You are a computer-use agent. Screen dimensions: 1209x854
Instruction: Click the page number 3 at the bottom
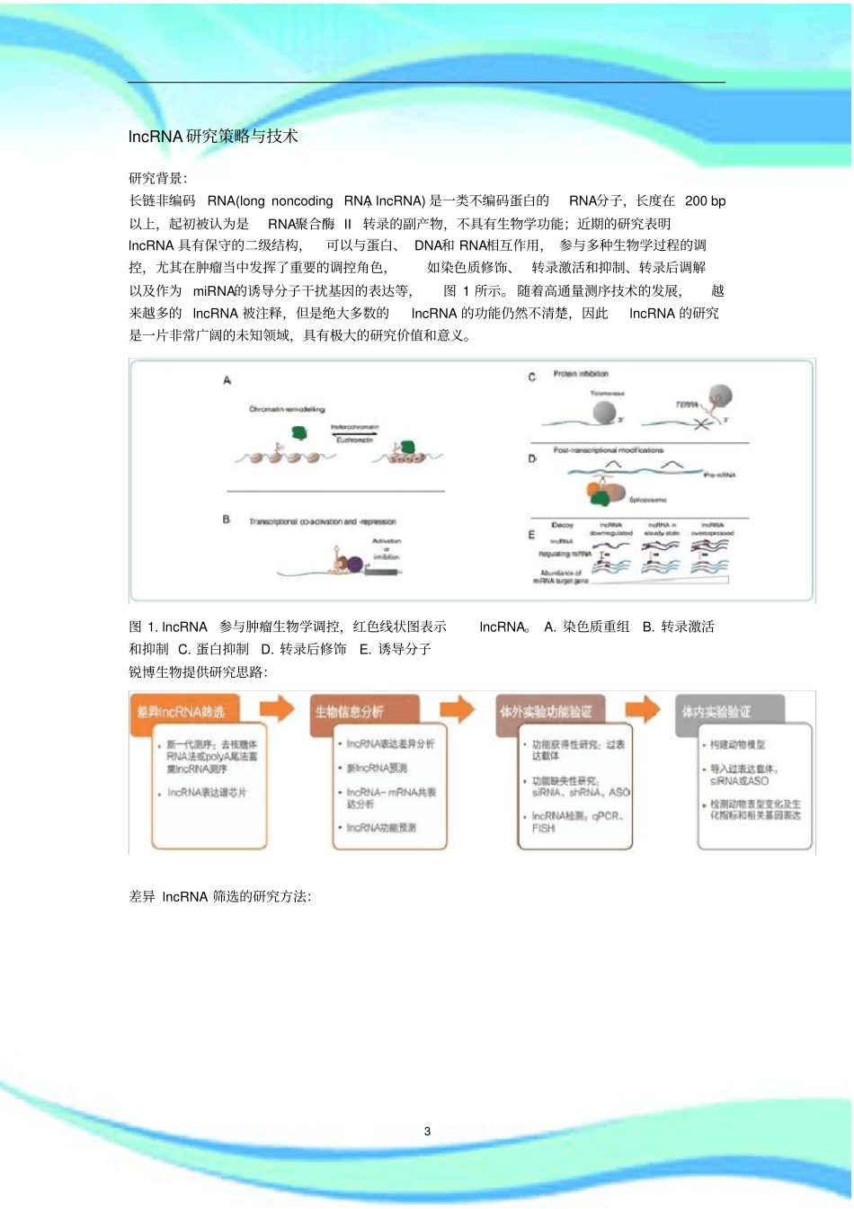coord(428,1131)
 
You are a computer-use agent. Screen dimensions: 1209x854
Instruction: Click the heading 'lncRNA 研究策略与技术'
coord(213,137)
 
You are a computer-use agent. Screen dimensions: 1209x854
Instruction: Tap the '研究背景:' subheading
coord(158,178)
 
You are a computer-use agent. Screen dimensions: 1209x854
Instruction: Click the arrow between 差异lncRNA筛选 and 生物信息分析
coord(277,708)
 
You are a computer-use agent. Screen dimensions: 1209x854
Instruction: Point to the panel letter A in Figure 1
coord(227,381)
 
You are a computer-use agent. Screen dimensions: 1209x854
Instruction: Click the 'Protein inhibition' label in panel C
coord(581,374)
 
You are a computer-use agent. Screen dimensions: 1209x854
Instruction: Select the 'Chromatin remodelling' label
coord(287,409)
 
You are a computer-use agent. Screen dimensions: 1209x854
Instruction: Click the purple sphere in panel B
coord(355,564)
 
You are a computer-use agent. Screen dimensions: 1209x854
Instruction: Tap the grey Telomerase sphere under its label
coord(604,413)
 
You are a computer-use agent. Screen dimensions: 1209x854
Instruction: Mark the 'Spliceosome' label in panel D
coord(647,500)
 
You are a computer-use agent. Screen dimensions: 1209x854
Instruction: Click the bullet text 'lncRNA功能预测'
coord(381,828)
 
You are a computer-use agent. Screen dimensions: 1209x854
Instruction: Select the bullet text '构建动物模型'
coord(737,744)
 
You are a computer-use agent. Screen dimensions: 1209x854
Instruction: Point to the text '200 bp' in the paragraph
coord(705,201)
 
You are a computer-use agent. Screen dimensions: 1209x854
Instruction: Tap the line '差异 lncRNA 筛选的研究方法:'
coord(220,896)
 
